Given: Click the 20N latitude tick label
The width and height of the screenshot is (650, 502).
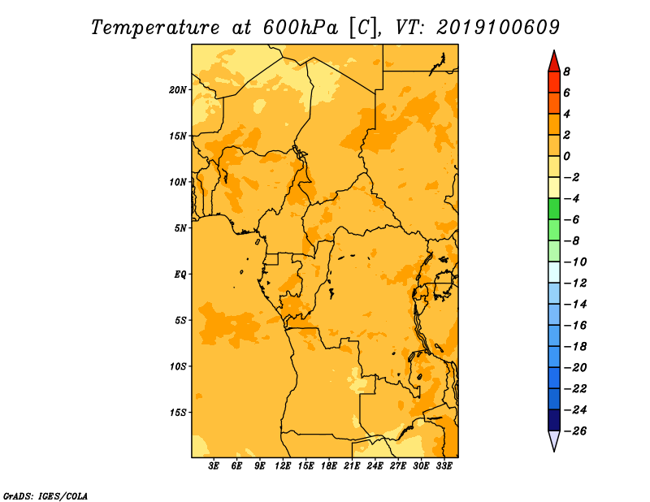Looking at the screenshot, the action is tap(178, 90).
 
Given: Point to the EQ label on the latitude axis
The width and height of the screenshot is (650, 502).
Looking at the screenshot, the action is tap(180, 275).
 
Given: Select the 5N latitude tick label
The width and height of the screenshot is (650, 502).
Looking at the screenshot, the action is tap(180, 228).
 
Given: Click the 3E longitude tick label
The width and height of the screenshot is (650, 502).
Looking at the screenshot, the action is tap(214, 466).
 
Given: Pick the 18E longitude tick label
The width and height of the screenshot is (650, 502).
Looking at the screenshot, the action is tap(329, 466).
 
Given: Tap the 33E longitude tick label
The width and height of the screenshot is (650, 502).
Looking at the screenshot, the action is tap(444, 466).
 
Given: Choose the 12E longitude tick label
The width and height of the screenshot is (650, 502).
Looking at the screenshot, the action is tap(283, 466).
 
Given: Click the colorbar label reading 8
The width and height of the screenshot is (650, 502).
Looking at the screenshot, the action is tap(566, 71).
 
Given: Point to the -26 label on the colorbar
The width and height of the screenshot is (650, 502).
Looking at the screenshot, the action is tap(575, 431).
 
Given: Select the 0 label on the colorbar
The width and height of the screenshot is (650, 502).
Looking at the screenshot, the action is tap(566, 156).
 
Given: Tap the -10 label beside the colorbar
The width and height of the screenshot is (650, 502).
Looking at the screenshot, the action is tap(575, 262).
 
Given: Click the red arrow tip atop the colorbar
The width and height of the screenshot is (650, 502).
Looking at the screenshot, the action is tap(554, 51).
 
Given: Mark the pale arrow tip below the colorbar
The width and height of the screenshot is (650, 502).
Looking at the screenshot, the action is tap(554, 450).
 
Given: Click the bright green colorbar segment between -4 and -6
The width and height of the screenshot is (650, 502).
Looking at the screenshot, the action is tap(554, 209).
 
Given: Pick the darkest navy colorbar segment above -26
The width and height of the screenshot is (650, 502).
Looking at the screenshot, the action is tap(554, 420).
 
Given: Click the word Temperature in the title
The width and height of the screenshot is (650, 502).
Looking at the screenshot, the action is tap(155, 28).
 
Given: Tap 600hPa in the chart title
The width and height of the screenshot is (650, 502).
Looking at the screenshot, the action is tap(300, 28).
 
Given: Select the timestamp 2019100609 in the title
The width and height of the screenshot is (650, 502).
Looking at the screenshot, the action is tap(498, 28).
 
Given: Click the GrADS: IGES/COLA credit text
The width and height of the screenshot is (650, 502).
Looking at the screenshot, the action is tap(45, 496).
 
